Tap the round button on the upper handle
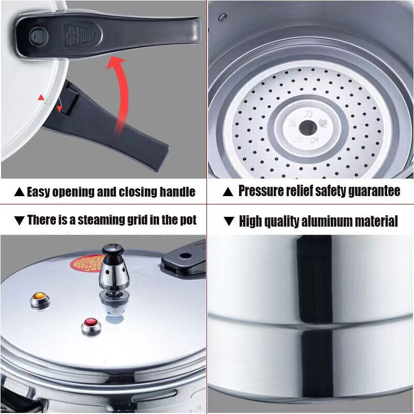tap(37, 35)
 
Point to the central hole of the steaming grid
tap(308, 127)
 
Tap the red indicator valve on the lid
tap(91, 326)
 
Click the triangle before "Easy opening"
tap(19, 192)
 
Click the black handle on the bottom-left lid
tap(184, 262)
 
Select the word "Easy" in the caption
tap(41, 192)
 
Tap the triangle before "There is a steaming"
tap(20, 220)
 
